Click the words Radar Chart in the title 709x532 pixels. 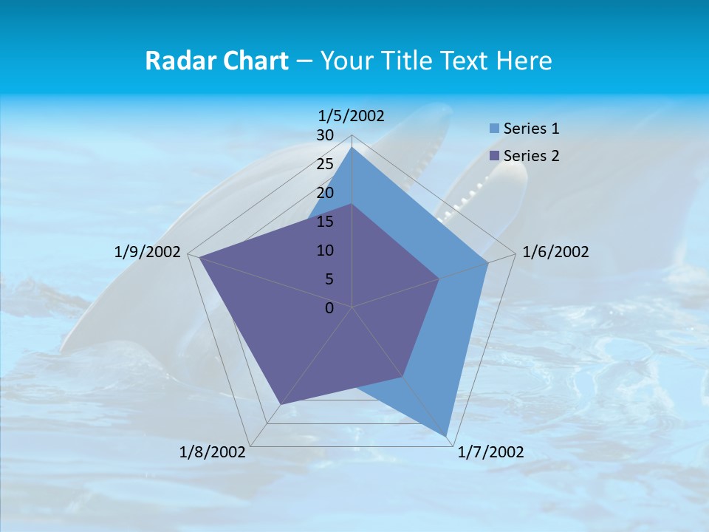[x=216, y=61]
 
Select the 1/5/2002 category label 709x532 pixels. [x=352, y=116]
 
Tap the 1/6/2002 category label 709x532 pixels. [x=555, y=253]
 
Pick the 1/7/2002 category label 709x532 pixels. [x=490, y=452]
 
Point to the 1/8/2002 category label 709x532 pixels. [x=213, y=452]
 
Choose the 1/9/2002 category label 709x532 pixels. [x=148, y=253]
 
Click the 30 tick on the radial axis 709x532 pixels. [x=325, y=136]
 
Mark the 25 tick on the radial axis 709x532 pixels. [x=325, y=165]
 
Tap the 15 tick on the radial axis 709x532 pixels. [x=325, y=222]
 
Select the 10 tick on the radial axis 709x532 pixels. [x=325, y=250]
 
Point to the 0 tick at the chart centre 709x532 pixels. [x=329, y=308]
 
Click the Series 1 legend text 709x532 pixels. [x=531, y=129]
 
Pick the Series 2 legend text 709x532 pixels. [x=531, y=156]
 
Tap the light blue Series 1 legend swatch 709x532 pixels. [x=494, y=129]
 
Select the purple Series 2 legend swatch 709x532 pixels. [x=494, y=156]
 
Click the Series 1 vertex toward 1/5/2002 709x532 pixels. [x=352, y=148]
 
